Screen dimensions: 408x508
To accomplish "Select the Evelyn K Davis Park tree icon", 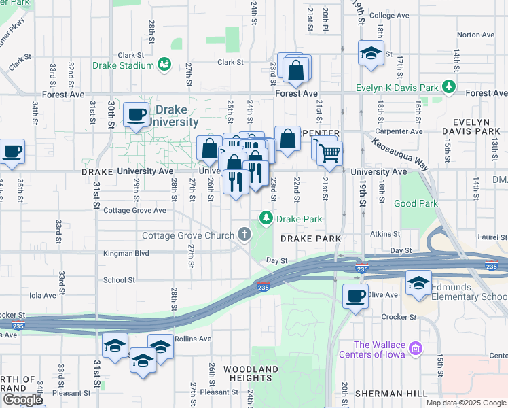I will click(x=448, y=87).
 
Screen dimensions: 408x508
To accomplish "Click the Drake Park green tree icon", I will click(x=266, y=218).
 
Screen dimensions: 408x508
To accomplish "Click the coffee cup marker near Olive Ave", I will click(x=355, y=296).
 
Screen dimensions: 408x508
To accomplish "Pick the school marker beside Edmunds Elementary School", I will click(x=418, y=282).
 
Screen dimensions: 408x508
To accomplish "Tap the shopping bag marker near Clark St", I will click(x=296, y=69).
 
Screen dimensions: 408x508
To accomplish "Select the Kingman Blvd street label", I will click(x=125, y=253).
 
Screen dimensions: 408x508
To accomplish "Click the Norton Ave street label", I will click(x=475, y=35).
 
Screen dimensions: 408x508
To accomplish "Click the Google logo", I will click(x=22, y=400).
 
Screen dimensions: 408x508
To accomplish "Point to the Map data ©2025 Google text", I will click(x=465, y=403).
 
